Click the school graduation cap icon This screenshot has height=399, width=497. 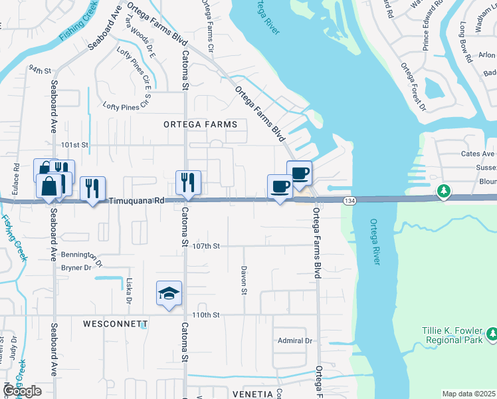[169, 293]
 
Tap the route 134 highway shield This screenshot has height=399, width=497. [348, 200]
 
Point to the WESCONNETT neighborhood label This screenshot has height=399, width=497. [115, 324]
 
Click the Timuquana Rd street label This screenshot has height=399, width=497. [136, 199]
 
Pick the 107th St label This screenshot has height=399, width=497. [206, 245]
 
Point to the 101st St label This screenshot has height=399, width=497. [74, 144]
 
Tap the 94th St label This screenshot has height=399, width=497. [40, 69]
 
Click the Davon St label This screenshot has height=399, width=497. [244, 281]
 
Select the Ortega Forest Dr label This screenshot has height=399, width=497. [412, 86]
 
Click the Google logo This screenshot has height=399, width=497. [21, 391]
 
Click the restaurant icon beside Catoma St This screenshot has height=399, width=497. [188, 182]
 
